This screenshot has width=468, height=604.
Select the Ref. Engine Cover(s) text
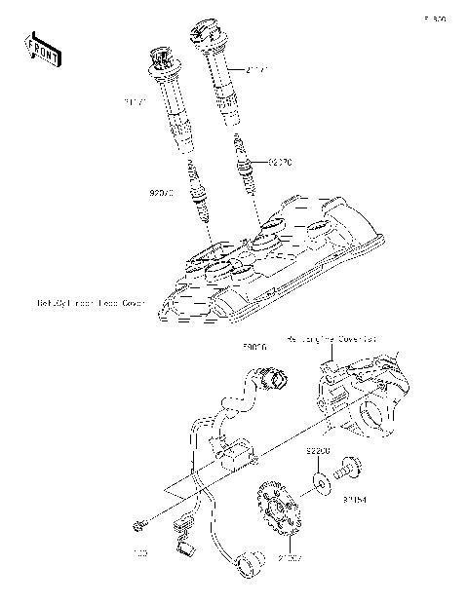tap(332, 340)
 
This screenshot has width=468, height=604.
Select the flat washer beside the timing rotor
tap(320, 479)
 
